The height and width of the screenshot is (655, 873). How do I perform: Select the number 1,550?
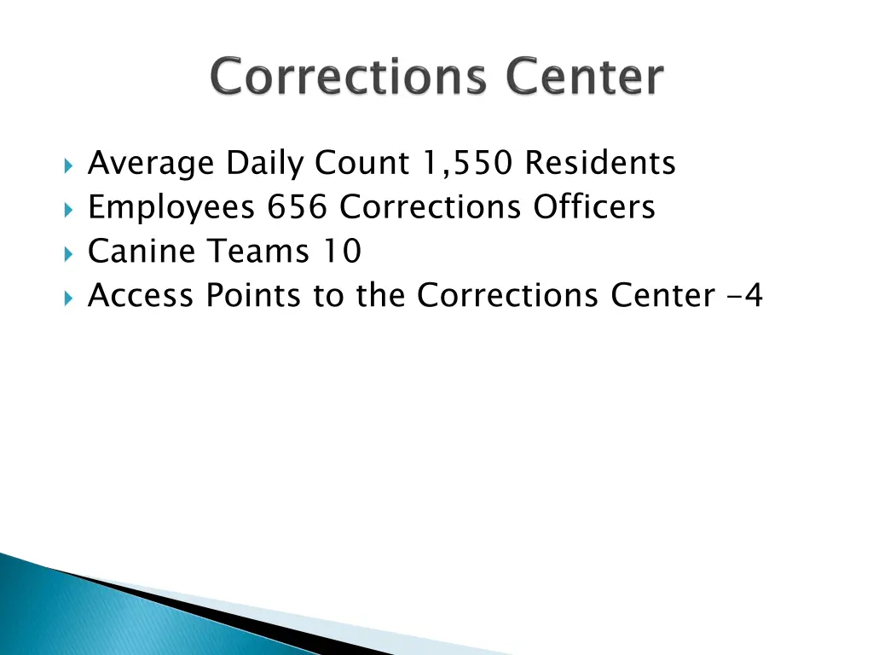(467, 163)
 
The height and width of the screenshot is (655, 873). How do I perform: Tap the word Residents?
(600, 163)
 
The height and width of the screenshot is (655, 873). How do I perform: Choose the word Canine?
(142, 252)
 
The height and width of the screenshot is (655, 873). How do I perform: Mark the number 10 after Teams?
(342, 252)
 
